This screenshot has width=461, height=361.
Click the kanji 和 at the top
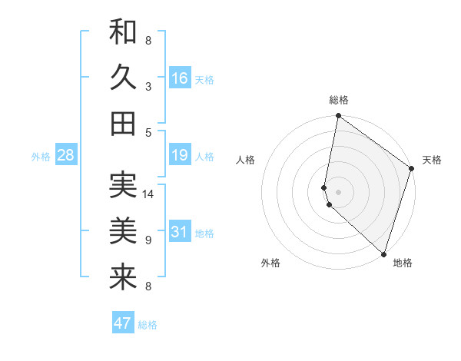pyautogui.click(x=123, y=32)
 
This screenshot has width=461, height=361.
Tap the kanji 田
pyautogui.click(x=123, y=123)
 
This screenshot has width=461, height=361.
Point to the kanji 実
pyautogui.click(x=123, y=185)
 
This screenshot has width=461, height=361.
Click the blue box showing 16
pyautogui.click(x=180, y=78)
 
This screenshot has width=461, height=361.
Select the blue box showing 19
pyautogui.click(x=180, y=156)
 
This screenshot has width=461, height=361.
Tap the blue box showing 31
pyautogui.click(x=180, y=232)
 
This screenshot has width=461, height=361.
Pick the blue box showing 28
pyautogui.click(x=66, y=156)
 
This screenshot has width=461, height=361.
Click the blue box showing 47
pyautogui.click(x=123, y=323)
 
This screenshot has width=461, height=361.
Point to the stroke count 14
pyautogui.click(x=149, y=194)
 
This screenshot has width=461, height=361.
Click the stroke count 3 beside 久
pyautogui.click(x=148, y=87)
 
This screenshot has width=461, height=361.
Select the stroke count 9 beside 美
pyautogui.click(x=148, y=240)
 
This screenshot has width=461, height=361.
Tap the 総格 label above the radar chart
pyautogui.click(x=339, y=101)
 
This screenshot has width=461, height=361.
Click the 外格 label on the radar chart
pyautogui.click(x=270, y=263)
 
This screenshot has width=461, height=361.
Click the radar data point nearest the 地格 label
pyautogui.click(x=383, y=253)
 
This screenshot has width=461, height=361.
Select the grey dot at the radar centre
pyautogui.click(x=339, y=190)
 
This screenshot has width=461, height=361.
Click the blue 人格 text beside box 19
pyautogui.click(x=204, y=157)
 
